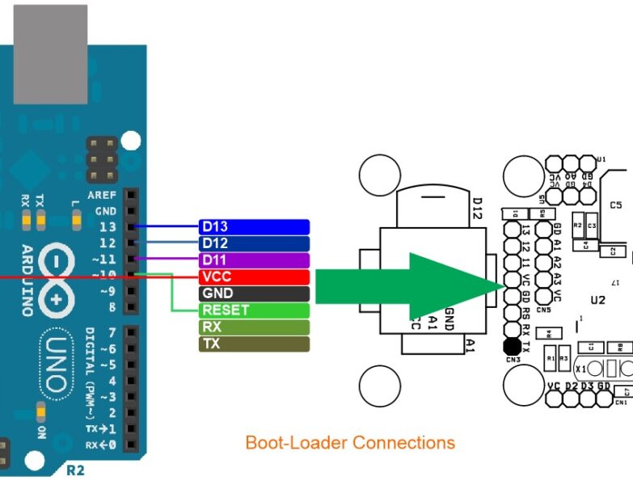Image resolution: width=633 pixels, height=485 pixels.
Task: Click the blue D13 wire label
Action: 254,226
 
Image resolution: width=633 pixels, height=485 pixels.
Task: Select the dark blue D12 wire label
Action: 254,243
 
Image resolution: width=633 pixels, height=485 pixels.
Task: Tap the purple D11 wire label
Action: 254,260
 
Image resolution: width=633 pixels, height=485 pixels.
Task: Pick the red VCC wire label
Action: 254,277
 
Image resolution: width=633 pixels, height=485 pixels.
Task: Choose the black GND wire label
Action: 254,293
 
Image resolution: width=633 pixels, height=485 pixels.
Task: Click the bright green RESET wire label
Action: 254,310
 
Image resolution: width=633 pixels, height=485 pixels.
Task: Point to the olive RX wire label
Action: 254,327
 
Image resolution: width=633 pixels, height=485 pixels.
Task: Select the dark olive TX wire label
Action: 254,344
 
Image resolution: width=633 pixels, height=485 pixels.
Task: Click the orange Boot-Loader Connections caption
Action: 350,443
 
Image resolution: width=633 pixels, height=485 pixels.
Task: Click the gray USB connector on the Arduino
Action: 50,53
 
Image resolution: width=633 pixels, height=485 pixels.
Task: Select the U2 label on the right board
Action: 597,300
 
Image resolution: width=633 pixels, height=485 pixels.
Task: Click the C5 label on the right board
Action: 616,205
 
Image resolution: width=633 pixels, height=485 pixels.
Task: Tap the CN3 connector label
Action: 512,361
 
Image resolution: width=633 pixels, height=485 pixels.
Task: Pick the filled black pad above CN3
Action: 511,348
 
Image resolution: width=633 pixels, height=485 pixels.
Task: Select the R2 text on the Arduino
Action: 75,469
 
